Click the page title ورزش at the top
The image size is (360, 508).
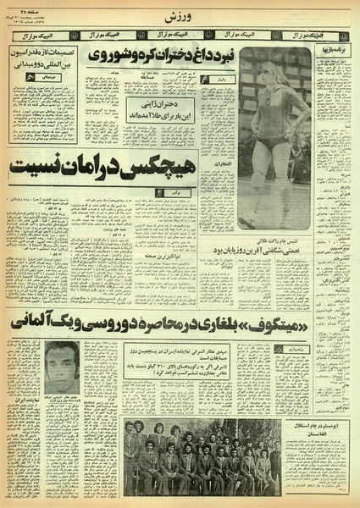click(180, 15)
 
